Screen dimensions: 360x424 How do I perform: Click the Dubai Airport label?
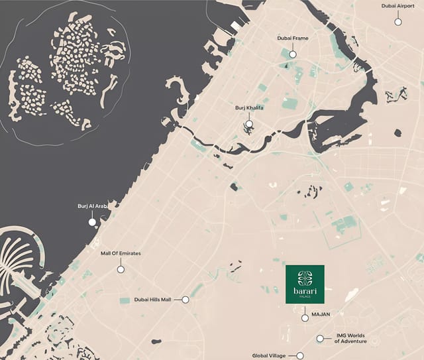398,6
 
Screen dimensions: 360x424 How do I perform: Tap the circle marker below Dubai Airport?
398,21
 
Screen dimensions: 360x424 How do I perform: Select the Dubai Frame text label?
292,38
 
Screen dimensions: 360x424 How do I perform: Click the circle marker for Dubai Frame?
292,52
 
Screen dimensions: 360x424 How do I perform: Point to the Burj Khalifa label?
249,107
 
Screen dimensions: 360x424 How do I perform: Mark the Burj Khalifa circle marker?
249,123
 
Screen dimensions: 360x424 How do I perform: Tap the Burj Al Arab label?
92,206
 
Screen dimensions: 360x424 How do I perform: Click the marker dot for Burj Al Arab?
92,221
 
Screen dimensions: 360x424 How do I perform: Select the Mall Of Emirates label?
121,253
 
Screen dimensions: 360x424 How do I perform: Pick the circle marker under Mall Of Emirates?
121,269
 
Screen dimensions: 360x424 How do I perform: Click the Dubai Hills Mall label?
152,300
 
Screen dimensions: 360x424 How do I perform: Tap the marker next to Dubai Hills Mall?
185,300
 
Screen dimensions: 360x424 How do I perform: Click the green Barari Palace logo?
305,284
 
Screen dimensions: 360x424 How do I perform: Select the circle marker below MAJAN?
305,318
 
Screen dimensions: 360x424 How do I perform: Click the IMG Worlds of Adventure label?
350,339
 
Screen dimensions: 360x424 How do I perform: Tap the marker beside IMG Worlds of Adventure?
320,338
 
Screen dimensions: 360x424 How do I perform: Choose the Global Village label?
268,356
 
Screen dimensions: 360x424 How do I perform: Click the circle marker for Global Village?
300,356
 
